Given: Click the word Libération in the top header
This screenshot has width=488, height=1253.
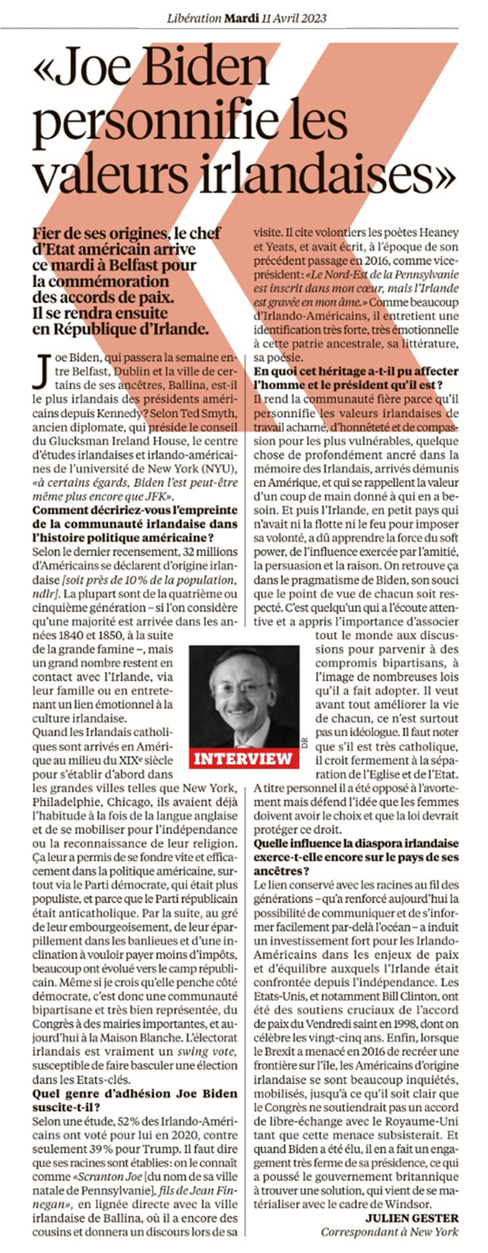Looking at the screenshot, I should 194,19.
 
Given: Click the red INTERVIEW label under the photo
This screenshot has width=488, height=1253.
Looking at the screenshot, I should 243,758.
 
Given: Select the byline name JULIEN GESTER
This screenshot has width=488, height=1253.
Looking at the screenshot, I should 412,1214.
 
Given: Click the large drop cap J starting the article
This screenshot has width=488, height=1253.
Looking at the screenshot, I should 44,372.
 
